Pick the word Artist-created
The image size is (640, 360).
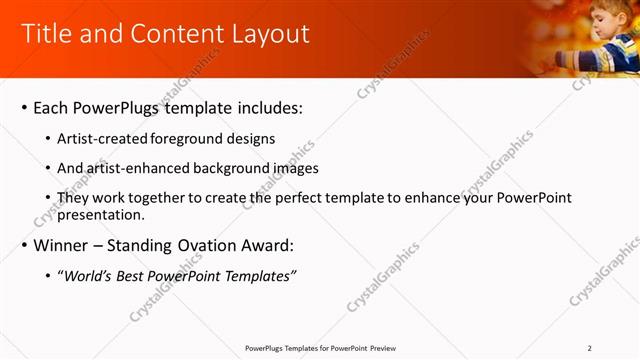[x=104, y=139]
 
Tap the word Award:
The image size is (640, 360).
[x=268, y=245]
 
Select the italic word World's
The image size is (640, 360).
[x=86, y=276]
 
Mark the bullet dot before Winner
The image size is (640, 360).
[x=23, y=246]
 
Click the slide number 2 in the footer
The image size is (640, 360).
[x=590, y=348]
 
